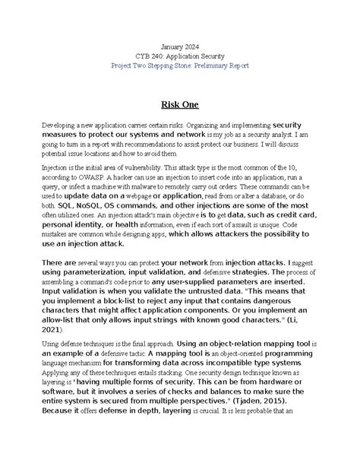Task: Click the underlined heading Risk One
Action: tap(180, 104)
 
